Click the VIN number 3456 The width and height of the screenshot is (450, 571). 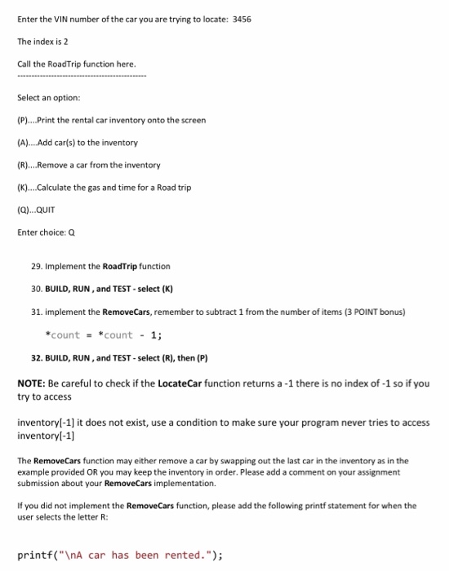[x=242, y=17]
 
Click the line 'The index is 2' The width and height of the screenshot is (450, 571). [x=46, y=41]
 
